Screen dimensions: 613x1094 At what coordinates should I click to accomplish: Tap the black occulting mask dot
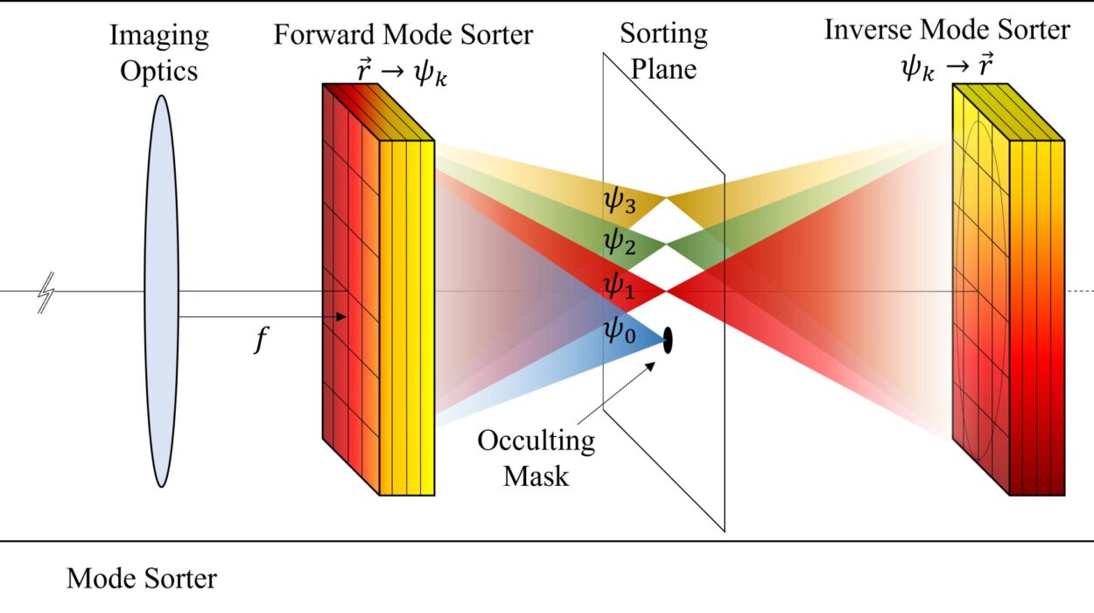[669, 340]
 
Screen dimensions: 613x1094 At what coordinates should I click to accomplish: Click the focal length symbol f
[259, 341]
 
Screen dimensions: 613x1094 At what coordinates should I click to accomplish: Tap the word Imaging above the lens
[159, 37]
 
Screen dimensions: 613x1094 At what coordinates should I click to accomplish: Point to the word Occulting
[536, 440]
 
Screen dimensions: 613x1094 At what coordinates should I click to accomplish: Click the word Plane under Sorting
[664, 68]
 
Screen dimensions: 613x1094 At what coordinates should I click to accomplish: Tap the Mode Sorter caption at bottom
[142, 579]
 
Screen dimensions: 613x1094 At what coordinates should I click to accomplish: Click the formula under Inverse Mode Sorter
[946, 65]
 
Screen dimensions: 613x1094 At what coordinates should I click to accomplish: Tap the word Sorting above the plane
[664, 34]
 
